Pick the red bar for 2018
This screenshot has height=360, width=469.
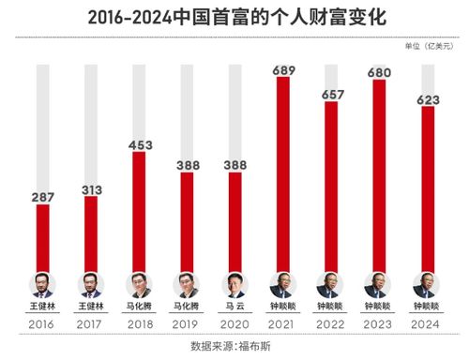(138, 211)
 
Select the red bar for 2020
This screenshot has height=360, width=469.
(234, 225)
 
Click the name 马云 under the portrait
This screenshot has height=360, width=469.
(234, 306)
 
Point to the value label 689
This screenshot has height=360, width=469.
(281, 70)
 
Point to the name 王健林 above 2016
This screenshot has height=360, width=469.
(42, 306)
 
